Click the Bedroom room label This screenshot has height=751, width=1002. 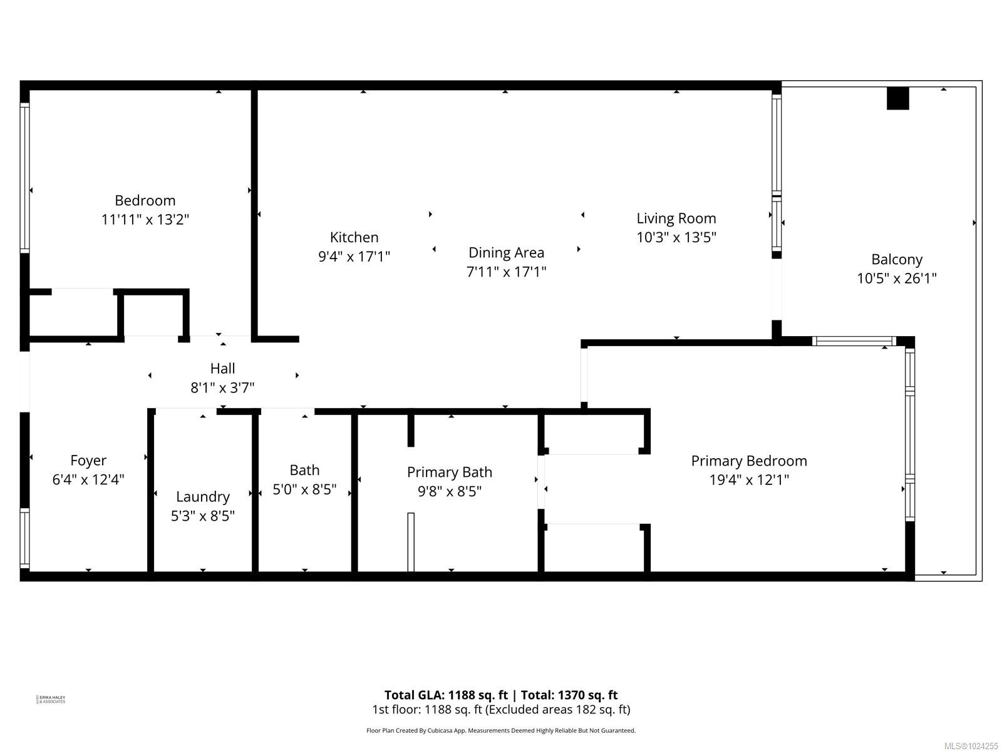tap(145, 200)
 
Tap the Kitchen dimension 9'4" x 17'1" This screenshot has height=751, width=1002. tap(354, 257)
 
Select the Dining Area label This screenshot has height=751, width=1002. tap(506, 252)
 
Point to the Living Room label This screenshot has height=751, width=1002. tap(676, 218)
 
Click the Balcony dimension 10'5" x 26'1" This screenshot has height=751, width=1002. tap(896, 278)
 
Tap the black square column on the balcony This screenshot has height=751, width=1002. tap(897, 98)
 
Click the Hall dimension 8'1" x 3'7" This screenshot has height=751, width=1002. tap(222, 388)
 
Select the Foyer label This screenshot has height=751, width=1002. tap(88, 461)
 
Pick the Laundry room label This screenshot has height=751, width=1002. tap(202, 496)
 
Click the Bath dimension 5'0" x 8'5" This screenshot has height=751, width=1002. tap(304, 489)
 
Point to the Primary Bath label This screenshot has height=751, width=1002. tap(449, 472)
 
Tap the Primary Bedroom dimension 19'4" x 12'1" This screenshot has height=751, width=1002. tap(748, 480)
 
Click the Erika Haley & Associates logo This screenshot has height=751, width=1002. tap(51, 699)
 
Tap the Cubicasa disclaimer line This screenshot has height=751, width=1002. tap(501, 730)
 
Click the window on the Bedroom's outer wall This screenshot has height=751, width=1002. tap(25, 178)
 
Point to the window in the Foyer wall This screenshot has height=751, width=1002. tap(25, 538)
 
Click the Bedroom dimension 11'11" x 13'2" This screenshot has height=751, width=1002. tap(145, 220)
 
